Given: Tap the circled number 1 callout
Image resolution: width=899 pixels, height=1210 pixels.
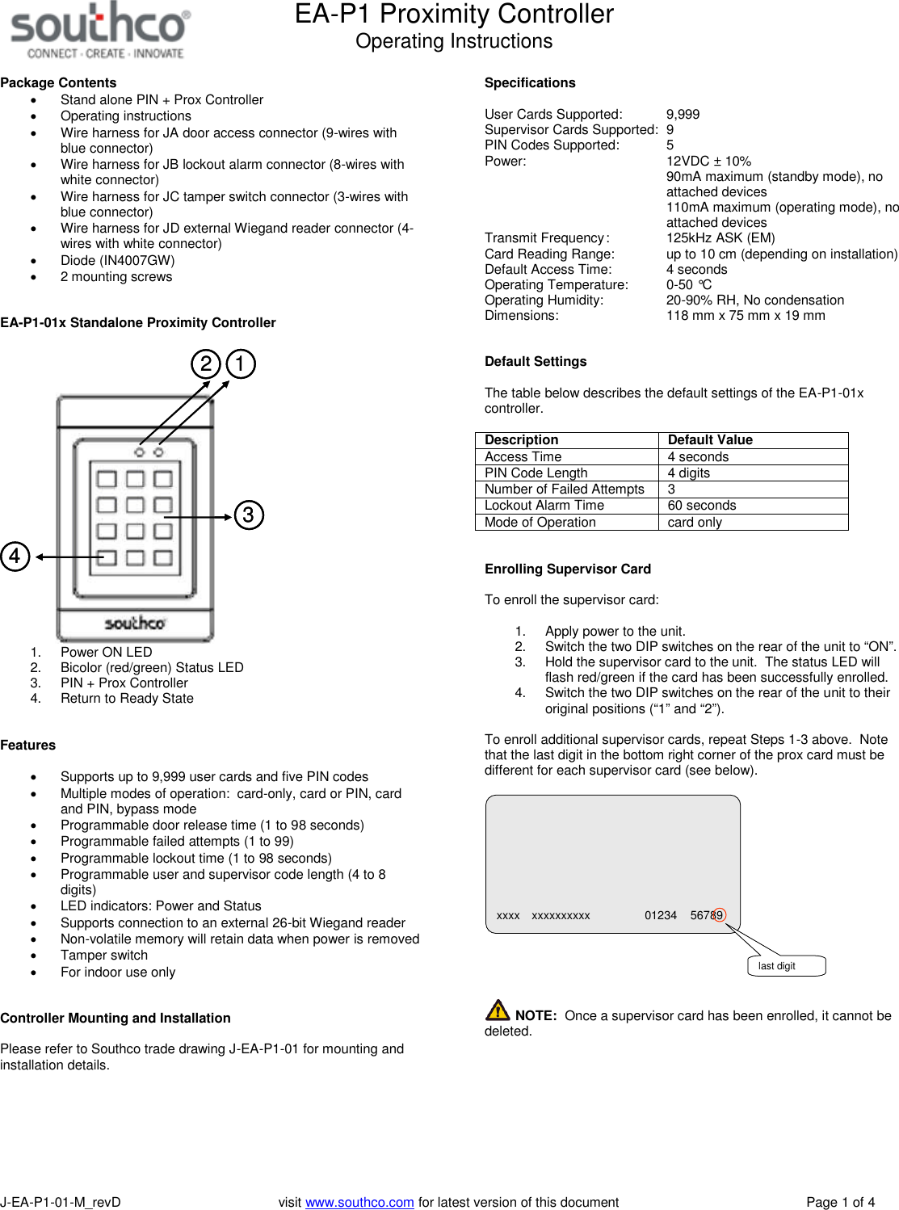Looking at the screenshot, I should [240, 363].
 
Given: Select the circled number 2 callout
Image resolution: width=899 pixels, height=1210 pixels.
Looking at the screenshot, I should [206, 363].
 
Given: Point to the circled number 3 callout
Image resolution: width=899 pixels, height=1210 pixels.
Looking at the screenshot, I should [249, 515].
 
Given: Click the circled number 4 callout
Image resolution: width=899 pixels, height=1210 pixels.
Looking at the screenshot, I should [15, 556].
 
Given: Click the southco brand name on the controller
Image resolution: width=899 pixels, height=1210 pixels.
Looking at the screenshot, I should [135, 623].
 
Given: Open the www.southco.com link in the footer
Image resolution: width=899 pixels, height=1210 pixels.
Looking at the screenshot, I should [359, 1202].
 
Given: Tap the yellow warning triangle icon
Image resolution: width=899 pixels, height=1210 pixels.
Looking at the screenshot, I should [498, 1010].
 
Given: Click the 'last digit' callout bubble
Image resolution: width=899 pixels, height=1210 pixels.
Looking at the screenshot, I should [786, 966].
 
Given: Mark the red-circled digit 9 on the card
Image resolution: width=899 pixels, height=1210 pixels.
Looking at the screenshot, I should [719, 915].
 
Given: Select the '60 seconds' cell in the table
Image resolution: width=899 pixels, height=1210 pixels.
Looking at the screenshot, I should [702, 506].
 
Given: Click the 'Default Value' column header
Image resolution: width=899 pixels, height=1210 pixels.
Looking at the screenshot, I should [710, 440].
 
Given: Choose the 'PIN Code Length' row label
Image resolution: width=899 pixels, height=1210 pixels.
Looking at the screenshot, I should [536, 473].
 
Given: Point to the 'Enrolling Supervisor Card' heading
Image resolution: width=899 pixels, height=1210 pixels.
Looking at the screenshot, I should [568, 569].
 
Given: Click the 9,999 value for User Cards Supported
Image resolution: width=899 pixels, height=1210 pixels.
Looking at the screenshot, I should [683, 115].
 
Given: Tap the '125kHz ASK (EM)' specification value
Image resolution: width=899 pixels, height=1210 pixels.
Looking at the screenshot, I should [720, 237].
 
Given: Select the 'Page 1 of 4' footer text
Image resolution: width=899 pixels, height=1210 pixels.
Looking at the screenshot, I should [840, 1202].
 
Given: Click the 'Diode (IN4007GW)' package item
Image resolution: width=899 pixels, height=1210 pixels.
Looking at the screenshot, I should [118, 260].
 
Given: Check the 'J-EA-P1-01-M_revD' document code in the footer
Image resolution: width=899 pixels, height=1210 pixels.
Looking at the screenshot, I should [61, 1202].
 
